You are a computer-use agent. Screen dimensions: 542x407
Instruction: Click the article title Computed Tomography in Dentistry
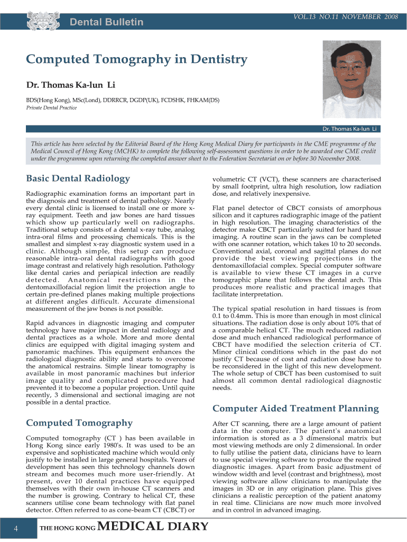[x=137, y=59]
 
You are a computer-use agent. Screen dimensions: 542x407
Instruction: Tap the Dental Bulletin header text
[x=107, y=22]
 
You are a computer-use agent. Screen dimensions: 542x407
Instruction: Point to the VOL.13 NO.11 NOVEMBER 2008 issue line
[x=345, y=17]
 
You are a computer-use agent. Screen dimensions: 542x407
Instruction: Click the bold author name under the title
[x=71, y=85]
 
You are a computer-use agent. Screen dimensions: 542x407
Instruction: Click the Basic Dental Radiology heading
[x=78, y=178]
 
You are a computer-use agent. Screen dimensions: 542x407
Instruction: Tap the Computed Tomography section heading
[x=79, y=422]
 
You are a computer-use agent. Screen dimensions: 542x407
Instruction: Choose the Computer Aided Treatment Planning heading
[x=295, y=408]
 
